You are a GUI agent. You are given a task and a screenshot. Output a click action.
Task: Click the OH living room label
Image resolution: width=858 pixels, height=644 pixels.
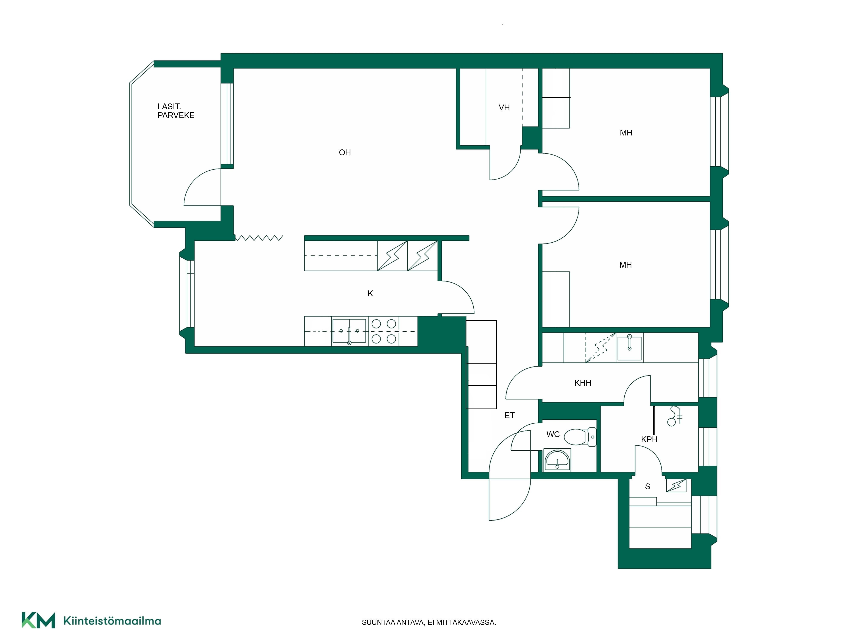345,153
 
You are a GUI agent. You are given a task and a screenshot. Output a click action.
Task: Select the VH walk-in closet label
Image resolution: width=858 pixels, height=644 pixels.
504,108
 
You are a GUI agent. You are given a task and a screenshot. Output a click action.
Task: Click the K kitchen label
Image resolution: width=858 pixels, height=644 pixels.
370,293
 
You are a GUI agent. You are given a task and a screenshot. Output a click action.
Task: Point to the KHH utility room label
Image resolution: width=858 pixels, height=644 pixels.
583,383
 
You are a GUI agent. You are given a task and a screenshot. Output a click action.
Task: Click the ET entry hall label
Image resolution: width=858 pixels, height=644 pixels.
509,415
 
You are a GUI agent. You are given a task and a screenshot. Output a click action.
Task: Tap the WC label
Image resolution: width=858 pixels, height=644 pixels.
553,434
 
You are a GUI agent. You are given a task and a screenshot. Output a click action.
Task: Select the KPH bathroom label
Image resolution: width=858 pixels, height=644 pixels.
649,439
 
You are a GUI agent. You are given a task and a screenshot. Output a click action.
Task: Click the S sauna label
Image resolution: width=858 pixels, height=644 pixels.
647,486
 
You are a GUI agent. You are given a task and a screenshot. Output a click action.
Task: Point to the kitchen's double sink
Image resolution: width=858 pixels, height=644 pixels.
349,331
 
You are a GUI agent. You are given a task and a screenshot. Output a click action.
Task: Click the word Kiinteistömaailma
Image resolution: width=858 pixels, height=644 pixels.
112,621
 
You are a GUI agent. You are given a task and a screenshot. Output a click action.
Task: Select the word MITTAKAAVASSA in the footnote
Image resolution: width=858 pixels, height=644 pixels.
466,622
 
